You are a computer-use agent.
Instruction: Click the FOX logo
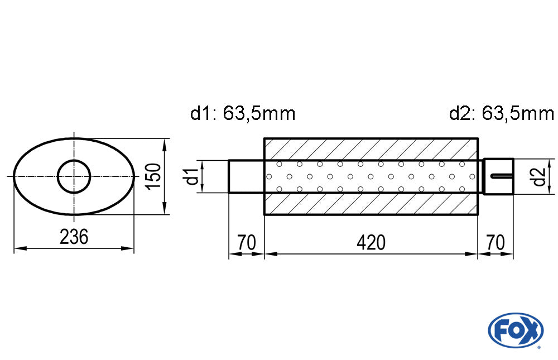click(x=515, y=330)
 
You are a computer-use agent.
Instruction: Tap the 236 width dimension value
click(x=74, y=237)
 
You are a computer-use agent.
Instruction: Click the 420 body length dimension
click(x=371, y=243)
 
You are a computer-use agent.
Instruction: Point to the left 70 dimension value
click(x=246, y=243)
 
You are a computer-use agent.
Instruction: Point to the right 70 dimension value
click(x=496, y=243)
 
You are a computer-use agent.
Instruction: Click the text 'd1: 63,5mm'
click(x=243, y=114)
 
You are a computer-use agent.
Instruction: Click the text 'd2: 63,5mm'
click(x=501, y=114)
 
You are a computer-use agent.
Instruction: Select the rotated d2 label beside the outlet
click(x=538, y=176)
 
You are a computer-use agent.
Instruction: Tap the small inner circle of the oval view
click(x=74, y=176)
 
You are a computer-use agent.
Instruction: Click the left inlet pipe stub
click(x=246, y=176)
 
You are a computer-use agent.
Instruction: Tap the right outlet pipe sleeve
click(x=498, y=167)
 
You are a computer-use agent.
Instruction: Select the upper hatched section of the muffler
click(x=371, y=148)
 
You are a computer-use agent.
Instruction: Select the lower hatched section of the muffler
click(x=371, y=204)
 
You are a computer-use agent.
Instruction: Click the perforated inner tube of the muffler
click(x=371, y=176)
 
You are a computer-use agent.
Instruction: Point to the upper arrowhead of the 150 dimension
click(x=165, y=143)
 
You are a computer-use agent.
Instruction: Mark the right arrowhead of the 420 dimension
click(x=473, y=254)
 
